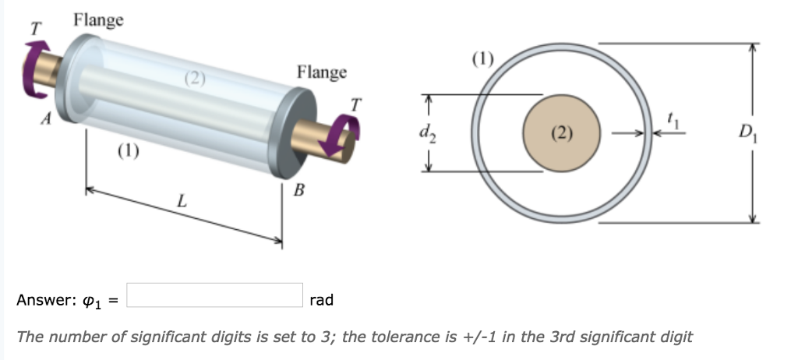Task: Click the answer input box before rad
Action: point(214,296)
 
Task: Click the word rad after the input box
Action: point(321,300)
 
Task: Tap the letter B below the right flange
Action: point(298,190)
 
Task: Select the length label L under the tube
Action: point(181,201)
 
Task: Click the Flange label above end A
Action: point(98,20)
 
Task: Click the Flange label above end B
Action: point(321,72)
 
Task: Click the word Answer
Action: point(43,300)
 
